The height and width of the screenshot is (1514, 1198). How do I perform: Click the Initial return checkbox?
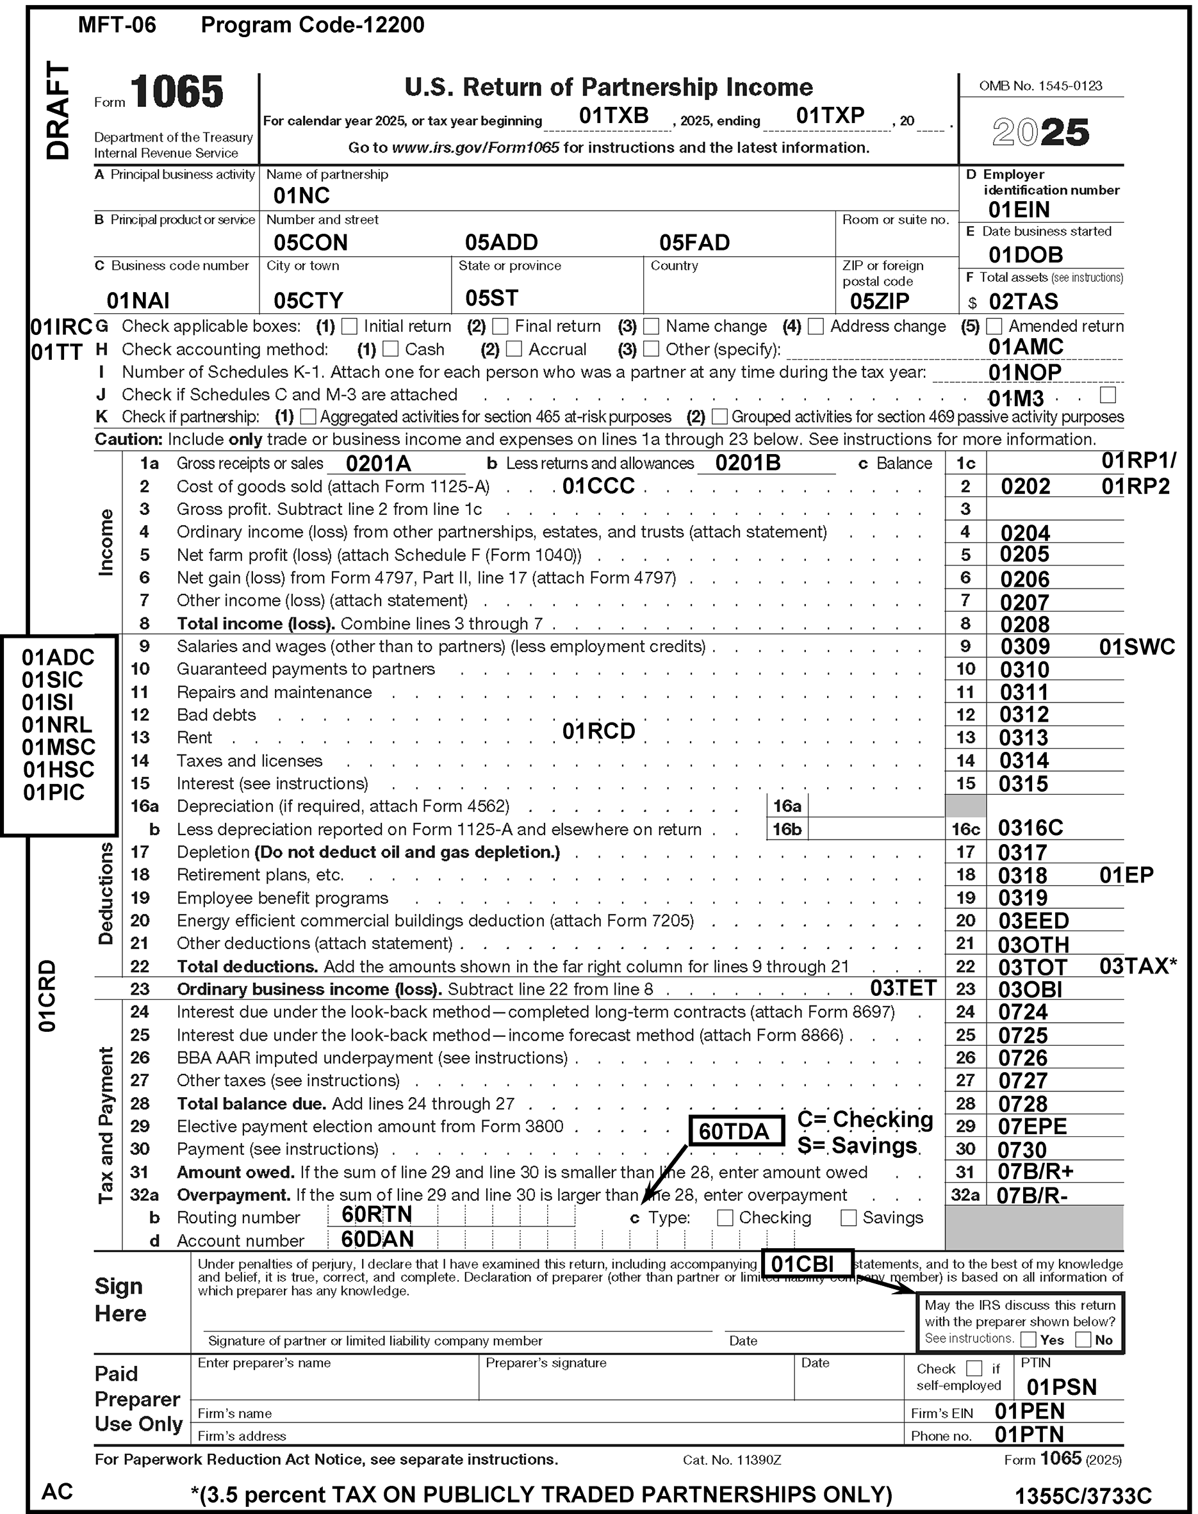[x=349, y=326]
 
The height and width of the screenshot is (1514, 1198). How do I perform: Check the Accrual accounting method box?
[x=514, y=348]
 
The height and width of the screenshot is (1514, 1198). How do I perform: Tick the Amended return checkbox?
[x=994, y=326]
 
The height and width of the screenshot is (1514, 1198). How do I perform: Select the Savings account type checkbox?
[x=848, y=1217]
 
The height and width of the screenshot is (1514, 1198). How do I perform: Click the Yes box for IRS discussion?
[x=1028, y=1339]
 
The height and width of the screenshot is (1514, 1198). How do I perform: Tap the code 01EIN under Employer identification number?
[x=1019, y=209]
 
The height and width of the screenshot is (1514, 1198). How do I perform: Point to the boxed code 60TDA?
[x=735, y=1131]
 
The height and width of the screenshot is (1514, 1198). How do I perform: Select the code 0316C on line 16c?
[x=1030, y=828]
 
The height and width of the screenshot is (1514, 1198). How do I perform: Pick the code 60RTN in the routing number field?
[x=377, y=1214]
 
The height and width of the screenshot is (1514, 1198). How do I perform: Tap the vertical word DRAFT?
[x=58, y=111]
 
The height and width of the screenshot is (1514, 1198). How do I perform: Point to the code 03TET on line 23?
[x=903, y=988]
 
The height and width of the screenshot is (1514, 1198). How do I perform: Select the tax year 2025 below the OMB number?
[x=1041, y=133]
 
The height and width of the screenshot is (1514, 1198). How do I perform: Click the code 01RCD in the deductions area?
[x=598, y=731]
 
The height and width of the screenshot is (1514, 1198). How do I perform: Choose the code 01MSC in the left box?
[x=58, y=747]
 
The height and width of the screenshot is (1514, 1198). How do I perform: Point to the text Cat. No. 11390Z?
[x=732, y=1460]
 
